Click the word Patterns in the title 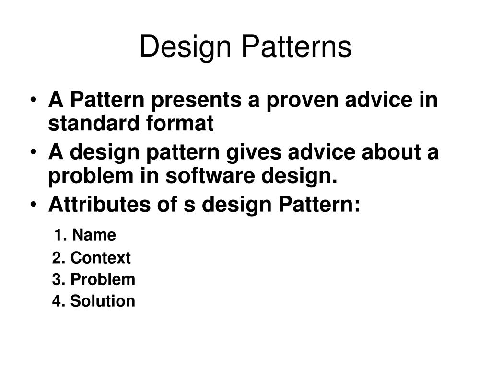296,46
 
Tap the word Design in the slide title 186,48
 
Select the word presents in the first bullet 196,101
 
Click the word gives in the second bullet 254,153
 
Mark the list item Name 94,235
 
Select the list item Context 101,257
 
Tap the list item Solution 103,301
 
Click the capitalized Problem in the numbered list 103,279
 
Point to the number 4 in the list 57,301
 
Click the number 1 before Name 58,235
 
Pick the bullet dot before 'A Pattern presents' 33,100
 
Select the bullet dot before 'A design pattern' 33,152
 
